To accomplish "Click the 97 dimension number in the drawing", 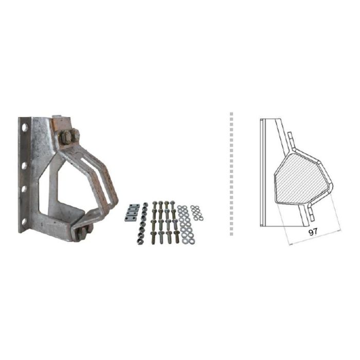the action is pos(313,232).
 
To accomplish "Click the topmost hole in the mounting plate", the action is pos(25,128).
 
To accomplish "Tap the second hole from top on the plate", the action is pos(24,166).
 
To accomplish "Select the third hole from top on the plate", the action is pos(24,189).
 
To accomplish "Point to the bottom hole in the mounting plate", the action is pos(24,222).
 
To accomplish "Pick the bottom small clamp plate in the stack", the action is pos(129,219).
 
